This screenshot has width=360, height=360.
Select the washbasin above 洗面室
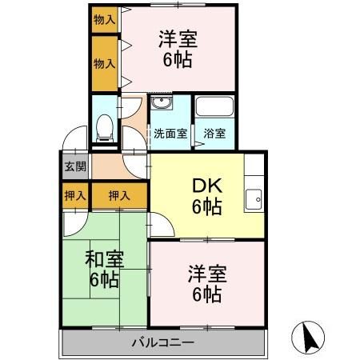pos(161,106)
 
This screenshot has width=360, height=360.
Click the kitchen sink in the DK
pos(255,197)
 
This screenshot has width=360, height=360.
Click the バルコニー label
pos(163,343)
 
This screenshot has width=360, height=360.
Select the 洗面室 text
pos(170,134)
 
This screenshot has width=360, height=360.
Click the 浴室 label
pos(214,134)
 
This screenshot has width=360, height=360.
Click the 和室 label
pos(104,258)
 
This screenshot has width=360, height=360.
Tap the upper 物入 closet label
pos(103,18)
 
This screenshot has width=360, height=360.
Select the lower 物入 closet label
pos(103,62)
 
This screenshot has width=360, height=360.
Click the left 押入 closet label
pos(74,195)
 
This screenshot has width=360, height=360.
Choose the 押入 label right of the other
pos(119,195)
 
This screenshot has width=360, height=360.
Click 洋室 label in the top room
pos(178,38)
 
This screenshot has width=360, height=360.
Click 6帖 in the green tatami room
pos(104,280)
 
